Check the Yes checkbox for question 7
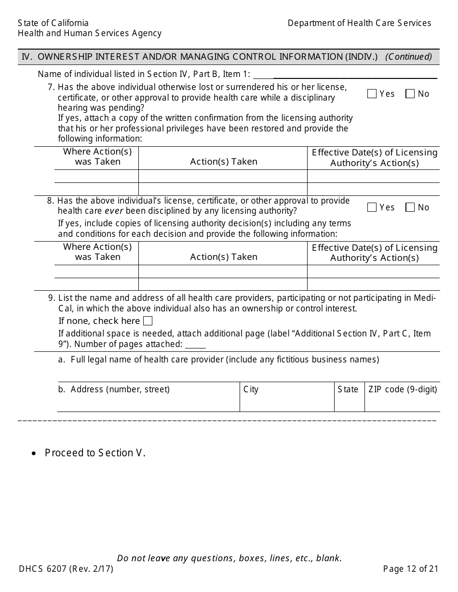[372, 94]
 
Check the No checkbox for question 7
[410, 94]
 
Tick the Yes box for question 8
[372, 207]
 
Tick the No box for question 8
[410, 207]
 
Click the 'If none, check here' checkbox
[148, 321]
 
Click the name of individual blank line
[345, 75]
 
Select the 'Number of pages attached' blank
[195, 345]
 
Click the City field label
[251, 389]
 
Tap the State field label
[348, 389]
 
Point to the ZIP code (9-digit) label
[403, 389]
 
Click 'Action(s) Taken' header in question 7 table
[224, 162]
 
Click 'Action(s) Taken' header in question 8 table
[224, 257]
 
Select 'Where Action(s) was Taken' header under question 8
[97, 252]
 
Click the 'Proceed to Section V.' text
[95, 453]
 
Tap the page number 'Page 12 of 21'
[411, 569]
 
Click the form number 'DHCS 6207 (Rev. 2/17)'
[66, 569]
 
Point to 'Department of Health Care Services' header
[359, 23]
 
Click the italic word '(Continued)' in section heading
[408, 57]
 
